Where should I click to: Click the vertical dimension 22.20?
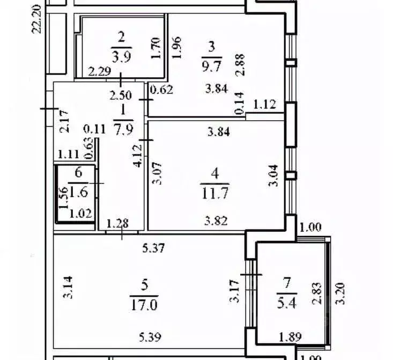pyautogui.click(x=36, y=19)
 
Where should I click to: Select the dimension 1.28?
pyautogui.click(x=117, y=223)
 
